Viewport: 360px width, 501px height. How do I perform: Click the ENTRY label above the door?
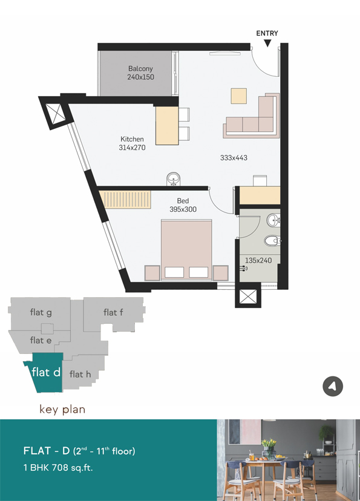tap(267, 33)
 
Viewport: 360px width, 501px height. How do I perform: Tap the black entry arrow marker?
tap(267, 43)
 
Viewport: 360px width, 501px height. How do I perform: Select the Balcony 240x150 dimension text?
tap(140, 77)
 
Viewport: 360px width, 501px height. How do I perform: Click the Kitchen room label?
tap(132, 139)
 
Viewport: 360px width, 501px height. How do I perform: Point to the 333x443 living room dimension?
tap(234, 157)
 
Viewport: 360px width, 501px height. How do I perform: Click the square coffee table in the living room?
tap(239, 96)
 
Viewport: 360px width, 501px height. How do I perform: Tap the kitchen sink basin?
tap(174, 178)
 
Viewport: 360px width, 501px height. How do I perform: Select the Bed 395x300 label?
tap(183, 205)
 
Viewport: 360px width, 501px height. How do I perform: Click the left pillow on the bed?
tap(174, 272)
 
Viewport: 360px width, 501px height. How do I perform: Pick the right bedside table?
tap(221, 273)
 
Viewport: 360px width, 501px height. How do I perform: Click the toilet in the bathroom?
tap(272, 241)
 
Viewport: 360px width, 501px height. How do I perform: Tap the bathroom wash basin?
tap(273, 220)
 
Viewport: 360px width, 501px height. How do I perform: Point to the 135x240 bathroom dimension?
tap(258, 260)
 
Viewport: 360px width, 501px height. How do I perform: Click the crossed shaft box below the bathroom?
tap(248, 297)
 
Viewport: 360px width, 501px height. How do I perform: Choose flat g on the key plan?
tap(41, 312)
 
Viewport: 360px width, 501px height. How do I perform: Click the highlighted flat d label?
tap(47, 372)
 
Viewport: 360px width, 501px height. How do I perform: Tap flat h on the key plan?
tap(80, 374)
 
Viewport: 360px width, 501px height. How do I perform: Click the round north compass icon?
tap(333, 386)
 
